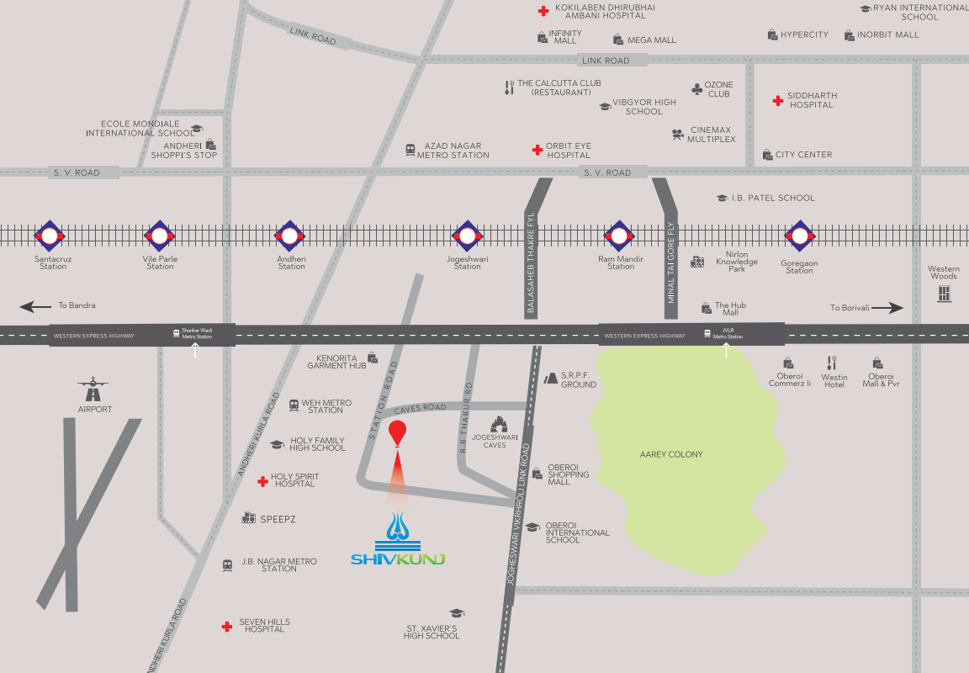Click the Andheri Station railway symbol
tap(289, 236)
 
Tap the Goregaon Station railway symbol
tap(799, 236)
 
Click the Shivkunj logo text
tap(398, 559)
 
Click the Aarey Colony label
tap(671, 454)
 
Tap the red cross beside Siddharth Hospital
tap(778, 100)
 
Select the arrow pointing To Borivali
tap(887, 308)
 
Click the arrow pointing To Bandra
tap(35, 307)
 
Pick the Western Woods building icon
tap(944, 294)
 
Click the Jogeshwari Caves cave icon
tap(500, 424)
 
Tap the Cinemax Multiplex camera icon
tap(677, 135)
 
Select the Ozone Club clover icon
tap(696, 88)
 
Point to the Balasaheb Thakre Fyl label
tap(531, 263)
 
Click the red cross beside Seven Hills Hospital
tap(226, 627)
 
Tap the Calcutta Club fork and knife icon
tap(509, 87)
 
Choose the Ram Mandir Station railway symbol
tap(619, 236)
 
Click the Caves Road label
tap(420, 408)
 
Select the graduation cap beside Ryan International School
tap(865, 8)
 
